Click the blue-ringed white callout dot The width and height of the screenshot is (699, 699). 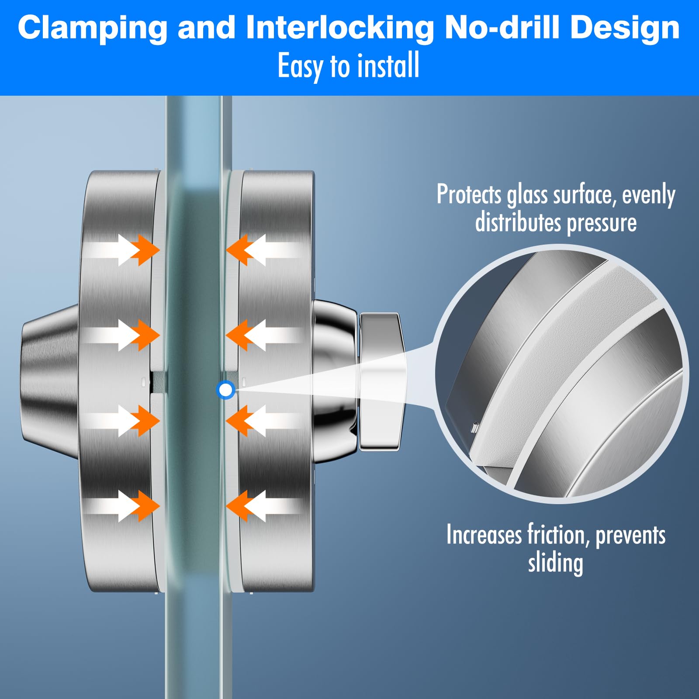pos(226,390)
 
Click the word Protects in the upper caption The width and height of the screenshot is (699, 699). pos(469,194)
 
